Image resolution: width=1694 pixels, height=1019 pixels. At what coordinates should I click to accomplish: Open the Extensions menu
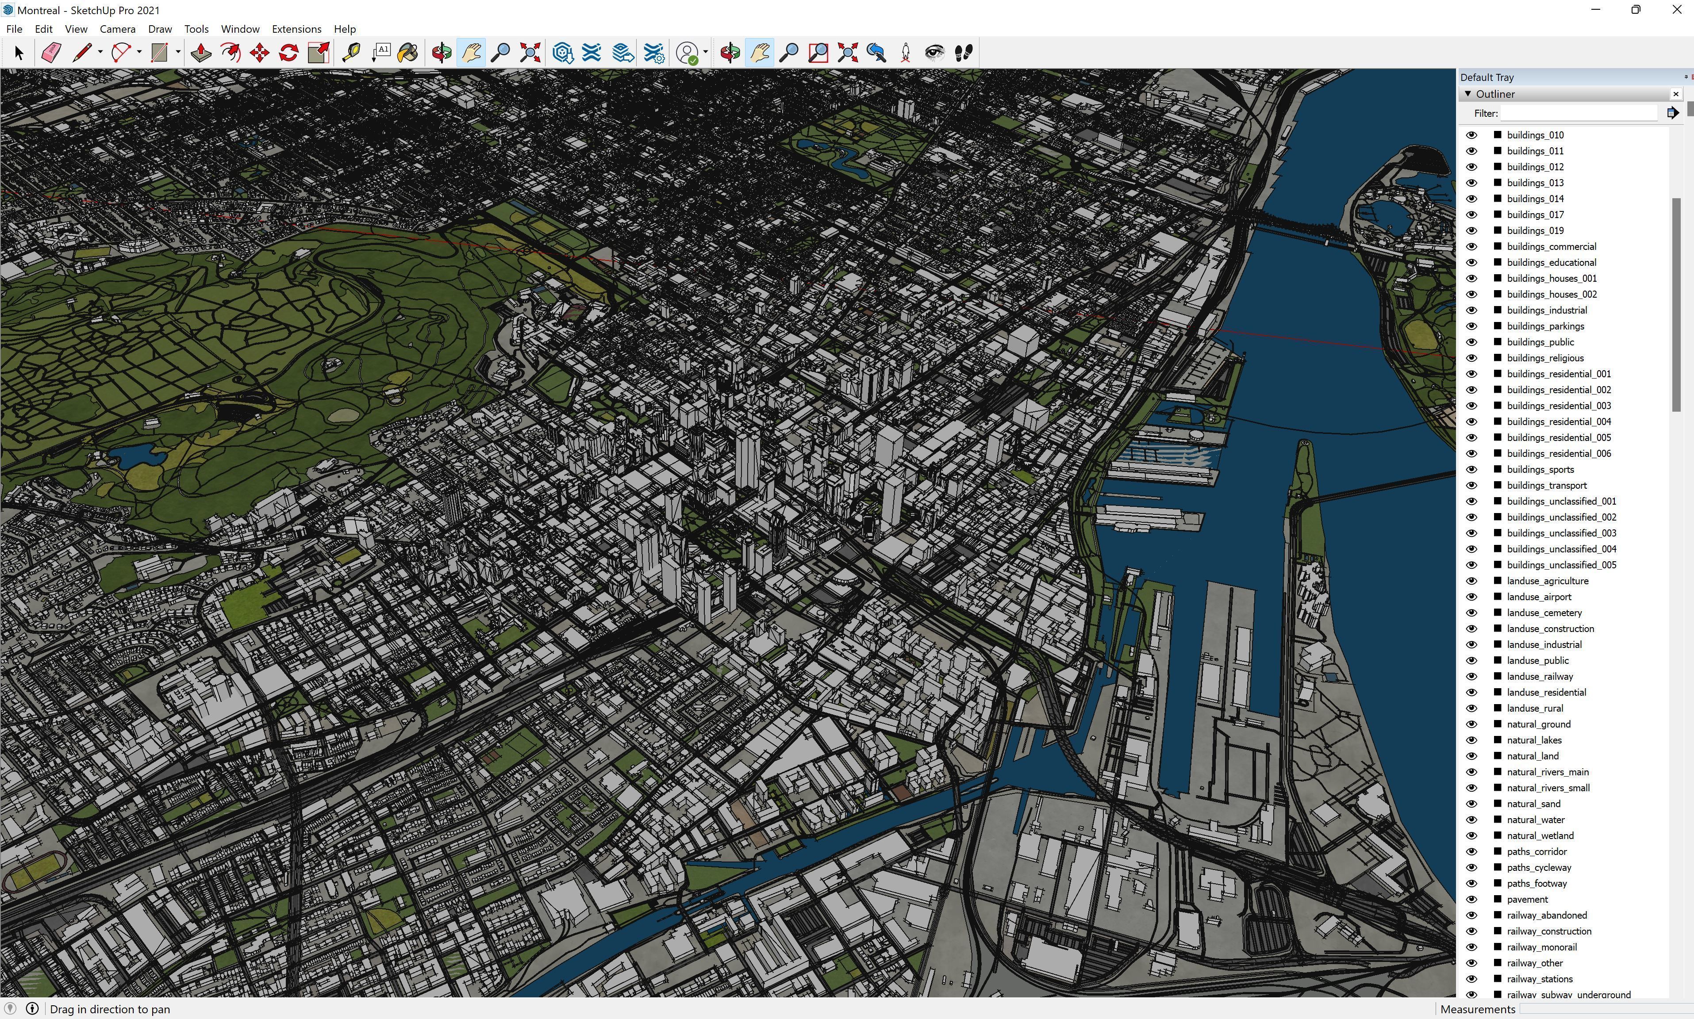(296, 29)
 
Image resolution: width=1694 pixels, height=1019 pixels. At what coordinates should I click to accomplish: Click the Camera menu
(117, 29)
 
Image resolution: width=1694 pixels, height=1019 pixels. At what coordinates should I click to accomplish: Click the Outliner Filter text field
(1578, 113)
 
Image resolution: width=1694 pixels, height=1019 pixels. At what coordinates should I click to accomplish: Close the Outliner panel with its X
(1675, 94)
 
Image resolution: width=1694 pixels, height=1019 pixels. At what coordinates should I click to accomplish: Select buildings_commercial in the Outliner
(1551, 246)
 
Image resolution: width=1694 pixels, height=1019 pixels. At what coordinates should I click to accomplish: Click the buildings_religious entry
(1545, 358)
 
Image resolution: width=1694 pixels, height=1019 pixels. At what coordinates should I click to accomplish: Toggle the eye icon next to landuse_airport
(1471, 597)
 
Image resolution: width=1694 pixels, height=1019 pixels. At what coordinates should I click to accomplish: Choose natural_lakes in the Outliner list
(1534, 740)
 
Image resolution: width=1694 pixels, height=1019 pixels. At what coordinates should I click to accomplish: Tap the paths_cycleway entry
(1539, 867)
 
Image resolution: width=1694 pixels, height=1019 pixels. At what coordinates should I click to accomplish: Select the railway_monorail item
(1541, 947)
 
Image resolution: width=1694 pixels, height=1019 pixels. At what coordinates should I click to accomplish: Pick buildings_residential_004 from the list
(1559, 421)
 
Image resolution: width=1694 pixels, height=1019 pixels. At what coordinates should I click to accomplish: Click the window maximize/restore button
(1635, 10)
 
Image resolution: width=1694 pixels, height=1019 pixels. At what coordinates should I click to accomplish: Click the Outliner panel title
(1495, 94)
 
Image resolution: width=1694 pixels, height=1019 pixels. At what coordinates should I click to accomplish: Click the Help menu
(345, 29)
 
